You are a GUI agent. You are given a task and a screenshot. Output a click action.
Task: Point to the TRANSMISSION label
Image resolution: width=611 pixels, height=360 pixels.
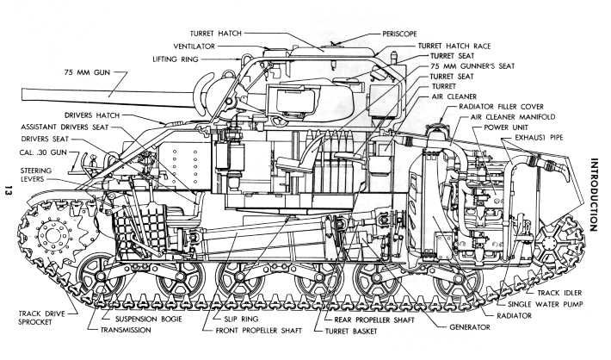point(128,329)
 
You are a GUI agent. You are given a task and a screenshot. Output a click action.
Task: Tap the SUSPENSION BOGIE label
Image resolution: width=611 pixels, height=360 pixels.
point(145,318)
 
